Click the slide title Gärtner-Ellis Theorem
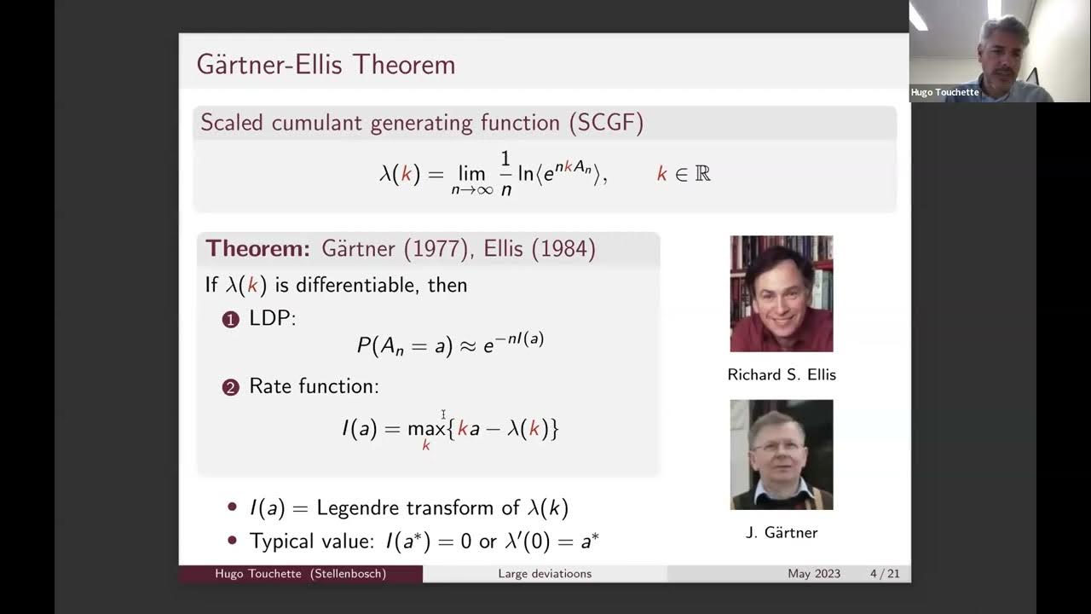pos(326,65)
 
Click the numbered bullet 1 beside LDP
pos(230,320)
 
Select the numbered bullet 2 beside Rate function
pos(230,388)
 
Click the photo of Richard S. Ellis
pos(781,293)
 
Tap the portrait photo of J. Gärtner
pos(781,455)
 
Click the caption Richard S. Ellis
pos(781,375)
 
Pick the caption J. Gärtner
pos(781,533)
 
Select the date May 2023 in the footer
pos(814,574)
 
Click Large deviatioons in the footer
pos(545,574)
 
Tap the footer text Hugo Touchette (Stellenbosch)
pos(300,574)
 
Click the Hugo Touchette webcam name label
pos(944,92)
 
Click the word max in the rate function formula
pos(426,428)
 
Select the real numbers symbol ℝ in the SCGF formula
pos(702,174)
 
